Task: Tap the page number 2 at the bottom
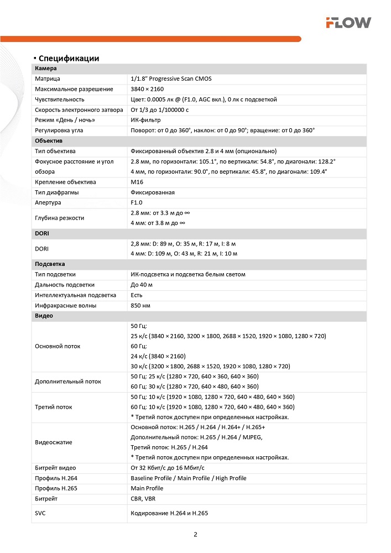pos(196,534)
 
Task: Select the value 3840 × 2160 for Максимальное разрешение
pos(147,89)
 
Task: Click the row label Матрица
pos(48,79)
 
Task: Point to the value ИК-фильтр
pos(145,120)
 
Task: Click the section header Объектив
pos(48,141)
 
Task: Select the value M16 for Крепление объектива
pos(137,182)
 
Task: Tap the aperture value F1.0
pos(137,202)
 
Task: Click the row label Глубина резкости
pos(60,218)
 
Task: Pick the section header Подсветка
pos(50,264)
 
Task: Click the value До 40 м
pos(142,285)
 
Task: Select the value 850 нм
pos(140,305)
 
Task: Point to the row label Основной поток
pos(58,346)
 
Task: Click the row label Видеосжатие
pos(54,442)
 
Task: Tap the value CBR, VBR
pos(143,498)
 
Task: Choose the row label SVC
pos(40,513)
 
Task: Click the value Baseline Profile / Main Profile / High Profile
pos(189,478)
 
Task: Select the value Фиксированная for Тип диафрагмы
pos(153,192)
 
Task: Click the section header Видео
pos(44,316)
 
